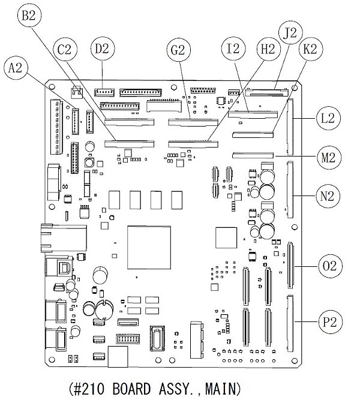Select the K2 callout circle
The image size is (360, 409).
(310, 50)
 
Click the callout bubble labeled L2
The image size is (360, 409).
(328, 118)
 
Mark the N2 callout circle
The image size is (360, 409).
(328, 196)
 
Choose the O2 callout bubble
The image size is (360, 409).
(328, 265)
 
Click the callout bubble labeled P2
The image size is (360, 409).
(328, 322)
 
